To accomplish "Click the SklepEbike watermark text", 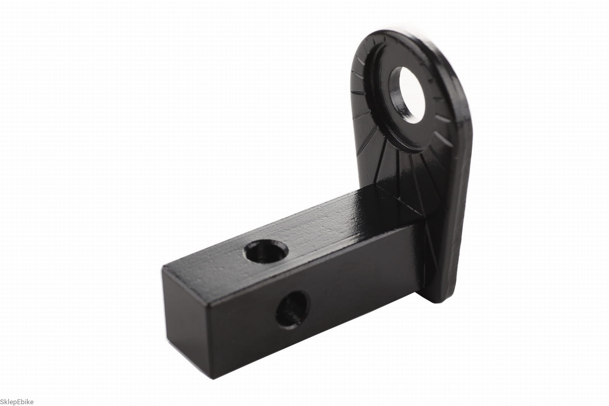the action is tap(17, 402).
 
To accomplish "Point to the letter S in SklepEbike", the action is tap(3, 402).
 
